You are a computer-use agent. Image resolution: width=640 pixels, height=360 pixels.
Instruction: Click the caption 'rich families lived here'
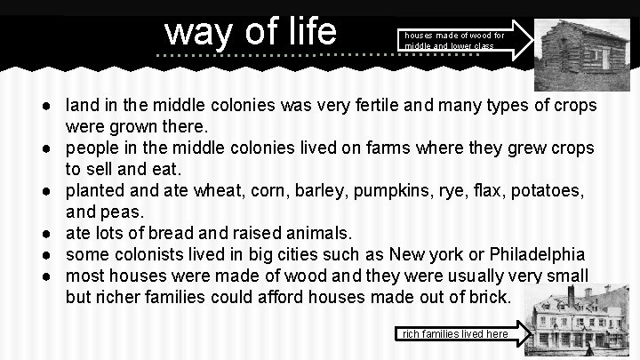455,334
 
